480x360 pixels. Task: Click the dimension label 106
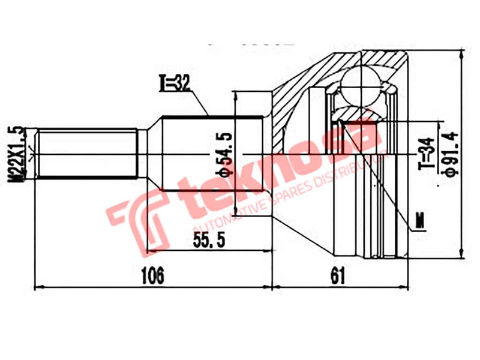point(152,276)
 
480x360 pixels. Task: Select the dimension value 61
point(338,276)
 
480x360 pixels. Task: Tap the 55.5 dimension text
point(209,241)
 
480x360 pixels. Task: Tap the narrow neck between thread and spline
point(143,154)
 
